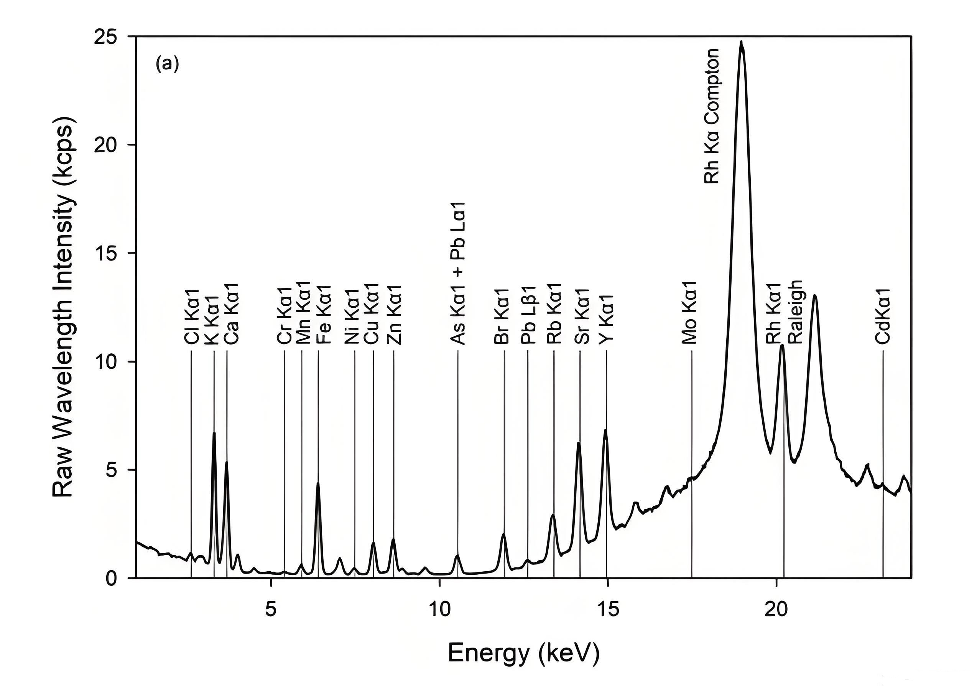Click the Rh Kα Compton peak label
[712, 116]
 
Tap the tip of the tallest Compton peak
[741, 42]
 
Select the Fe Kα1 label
[324, 315]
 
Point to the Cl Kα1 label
[191, 317]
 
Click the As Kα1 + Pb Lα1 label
[458, 273]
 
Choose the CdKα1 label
[883, 315]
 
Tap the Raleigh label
[795, 312]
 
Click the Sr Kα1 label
[582, 316]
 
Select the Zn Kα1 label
[394, 315]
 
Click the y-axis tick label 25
[105, 37]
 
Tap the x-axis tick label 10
[439, 610]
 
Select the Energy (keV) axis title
[523, 652]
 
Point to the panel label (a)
[167, 64]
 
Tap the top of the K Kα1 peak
[214, 434]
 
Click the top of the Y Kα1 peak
[605, 430]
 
